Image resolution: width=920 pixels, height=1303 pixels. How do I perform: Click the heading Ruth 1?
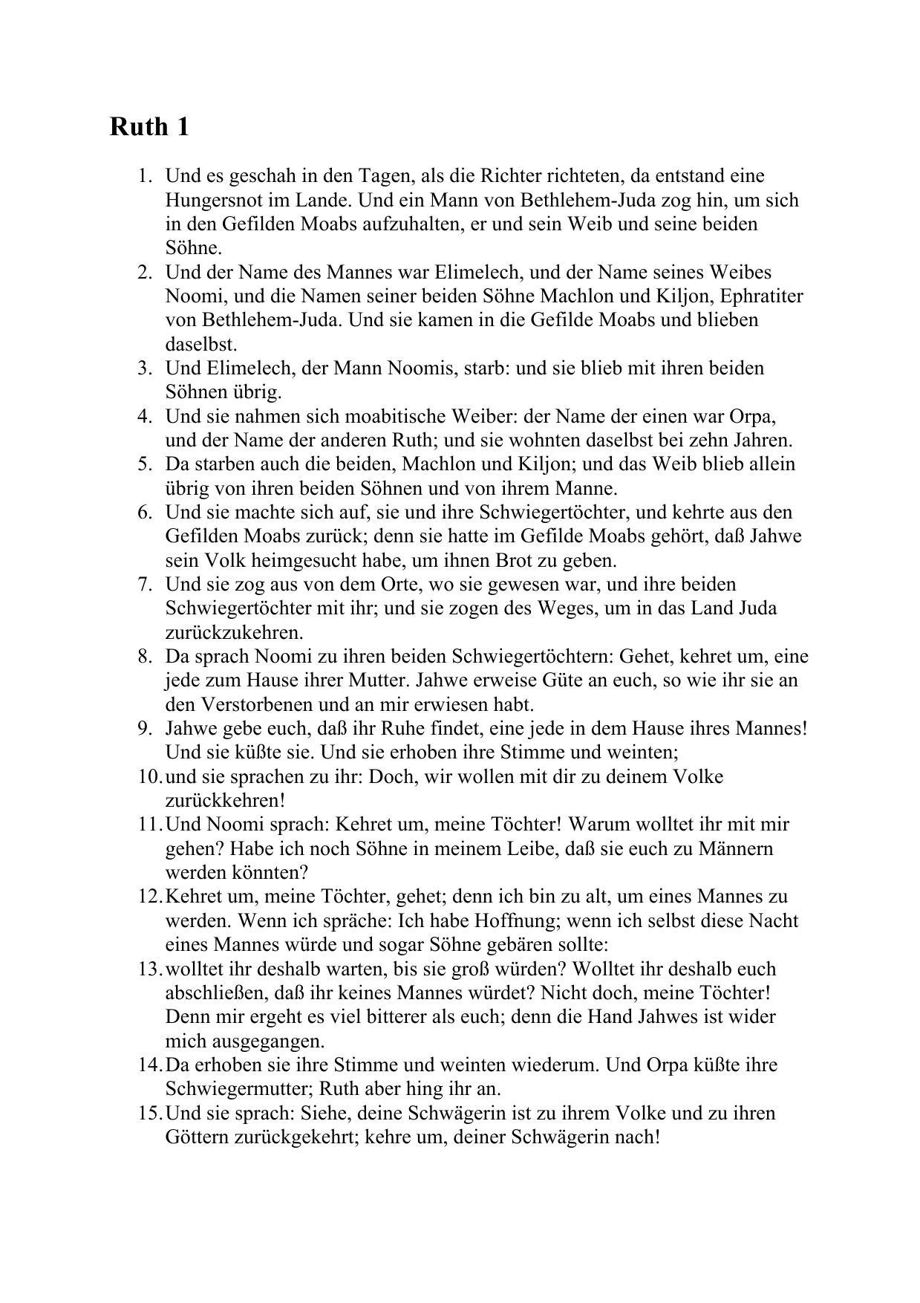point(149,127)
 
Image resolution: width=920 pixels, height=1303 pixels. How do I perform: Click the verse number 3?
point(144,368)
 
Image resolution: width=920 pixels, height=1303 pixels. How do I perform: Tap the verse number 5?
point(144,464)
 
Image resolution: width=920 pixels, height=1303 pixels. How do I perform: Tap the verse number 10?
point(149,777)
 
